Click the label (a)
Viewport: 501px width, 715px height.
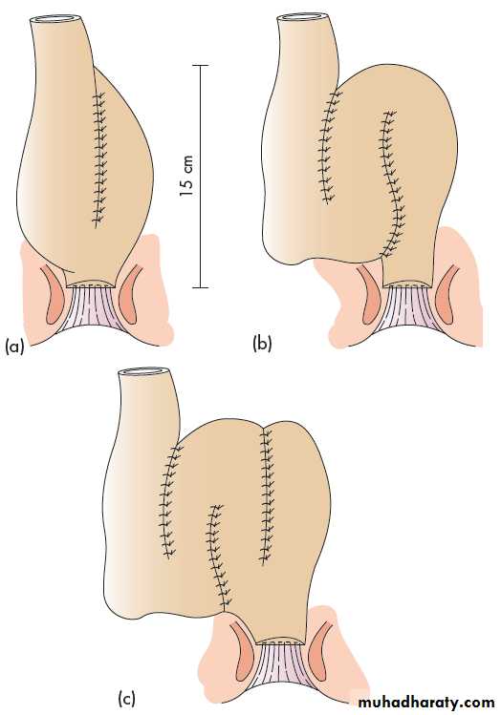point(13,347)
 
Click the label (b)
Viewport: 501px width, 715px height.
point(262,343)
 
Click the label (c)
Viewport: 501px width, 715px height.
point(126,699)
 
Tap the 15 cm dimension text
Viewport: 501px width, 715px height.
point(186,176)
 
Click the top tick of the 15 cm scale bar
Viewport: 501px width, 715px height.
point(200,66)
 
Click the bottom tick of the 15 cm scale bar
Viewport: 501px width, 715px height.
point(200,287)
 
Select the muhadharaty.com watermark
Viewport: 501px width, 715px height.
point(425,703)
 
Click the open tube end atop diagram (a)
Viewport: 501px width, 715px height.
point(57,20)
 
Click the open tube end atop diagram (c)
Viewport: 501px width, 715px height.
point(146,372)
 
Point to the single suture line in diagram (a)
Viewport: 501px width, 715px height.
point(98,159)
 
